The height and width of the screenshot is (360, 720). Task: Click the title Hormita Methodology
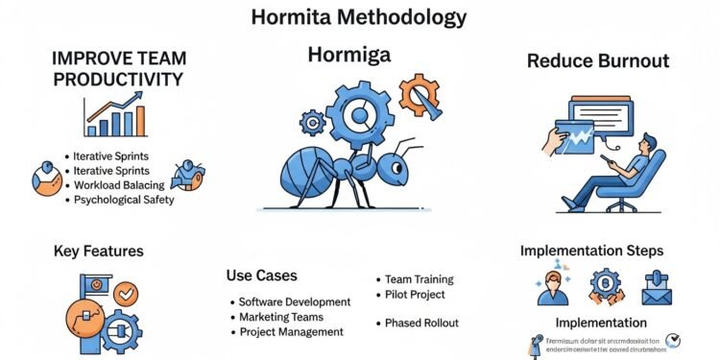[359, 16]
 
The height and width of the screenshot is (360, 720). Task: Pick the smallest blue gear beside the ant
[313, 122]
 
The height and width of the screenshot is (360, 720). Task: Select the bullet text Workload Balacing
[126, 184]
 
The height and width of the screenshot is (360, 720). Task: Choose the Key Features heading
[98, 252]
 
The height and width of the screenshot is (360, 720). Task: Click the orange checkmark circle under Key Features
[124, 291]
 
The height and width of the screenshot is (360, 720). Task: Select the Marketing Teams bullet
[280, 317]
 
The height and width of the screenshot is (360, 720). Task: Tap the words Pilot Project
[415, 295]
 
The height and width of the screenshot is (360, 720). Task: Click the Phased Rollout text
[421, 323]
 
